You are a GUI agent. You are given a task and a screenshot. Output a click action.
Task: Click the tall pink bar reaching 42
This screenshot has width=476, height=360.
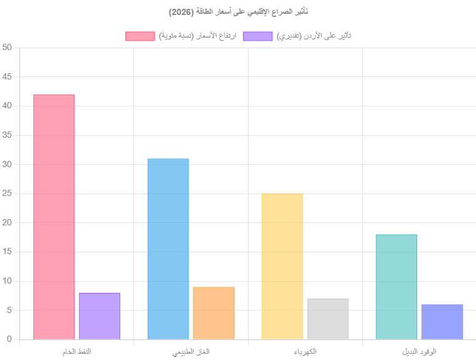54,217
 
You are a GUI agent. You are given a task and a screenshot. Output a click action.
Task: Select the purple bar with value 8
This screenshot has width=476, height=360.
100,316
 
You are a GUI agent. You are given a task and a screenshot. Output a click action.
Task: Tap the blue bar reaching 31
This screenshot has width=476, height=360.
168,249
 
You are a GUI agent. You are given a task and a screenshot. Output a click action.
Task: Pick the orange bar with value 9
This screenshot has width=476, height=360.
214,313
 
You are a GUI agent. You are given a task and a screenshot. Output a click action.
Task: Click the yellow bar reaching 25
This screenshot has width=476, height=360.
282,267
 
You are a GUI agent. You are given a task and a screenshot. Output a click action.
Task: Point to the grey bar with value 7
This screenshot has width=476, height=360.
328,319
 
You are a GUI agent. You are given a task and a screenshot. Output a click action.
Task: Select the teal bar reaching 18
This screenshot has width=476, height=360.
396,287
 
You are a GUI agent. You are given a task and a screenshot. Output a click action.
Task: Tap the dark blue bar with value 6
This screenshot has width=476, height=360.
442,322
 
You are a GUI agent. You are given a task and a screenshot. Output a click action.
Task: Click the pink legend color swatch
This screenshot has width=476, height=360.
140,36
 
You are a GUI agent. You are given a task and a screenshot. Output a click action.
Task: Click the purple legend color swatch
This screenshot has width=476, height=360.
258,36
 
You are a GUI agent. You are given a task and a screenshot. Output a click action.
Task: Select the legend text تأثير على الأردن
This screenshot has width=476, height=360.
314,36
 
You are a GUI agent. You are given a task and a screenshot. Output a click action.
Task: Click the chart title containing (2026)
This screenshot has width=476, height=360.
238,12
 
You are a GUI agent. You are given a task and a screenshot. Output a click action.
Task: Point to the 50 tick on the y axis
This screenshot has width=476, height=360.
7,48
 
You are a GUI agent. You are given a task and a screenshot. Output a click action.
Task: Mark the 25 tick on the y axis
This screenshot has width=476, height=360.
7,193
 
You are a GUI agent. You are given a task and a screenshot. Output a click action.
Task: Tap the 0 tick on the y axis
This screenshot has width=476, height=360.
9,339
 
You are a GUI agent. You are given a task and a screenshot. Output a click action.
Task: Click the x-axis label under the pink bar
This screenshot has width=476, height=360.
77,352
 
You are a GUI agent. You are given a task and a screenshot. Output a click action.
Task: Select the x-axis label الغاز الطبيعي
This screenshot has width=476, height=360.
191,352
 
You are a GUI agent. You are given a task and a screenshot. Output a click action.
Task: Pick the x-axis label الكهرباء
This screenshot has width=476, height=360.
305,352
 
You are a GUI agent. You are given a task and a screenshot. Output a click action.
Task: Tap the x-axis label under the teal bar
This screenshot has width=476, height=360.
420,352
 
